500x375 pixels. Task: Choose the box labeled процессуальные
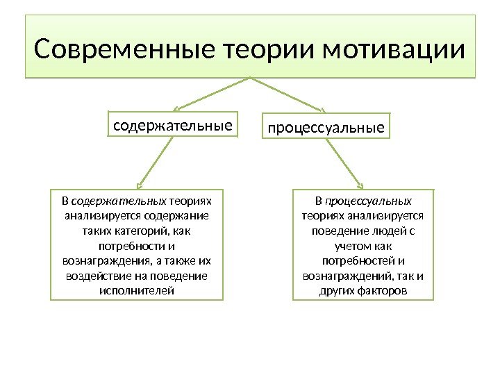point(326,128)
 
